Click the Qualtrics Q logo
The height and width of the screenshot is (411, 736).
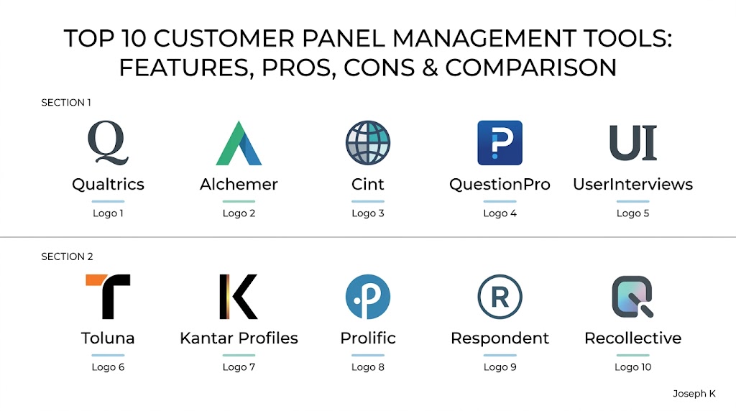point(108,143)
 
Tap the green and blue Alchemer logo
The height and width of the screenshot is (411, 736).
point(239,143)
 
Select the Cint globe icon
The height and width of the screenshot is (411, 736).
point(368,143)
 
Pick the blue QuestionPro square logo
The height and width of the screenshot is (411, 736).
point(500,143)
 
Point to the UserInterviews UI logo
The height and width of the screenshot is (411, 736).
point(632,143)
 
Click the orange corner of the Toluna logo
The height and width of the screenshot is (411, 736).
point(97,280)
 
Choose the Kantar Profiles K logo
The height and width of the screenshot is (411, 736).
point(239,297)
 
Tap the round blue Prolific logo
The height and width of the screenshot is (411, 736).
point(368,297)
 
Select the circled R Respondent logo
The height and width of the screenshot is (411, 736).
point(500,297)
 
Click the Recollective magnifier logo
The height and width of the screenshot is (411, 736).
point(632,297)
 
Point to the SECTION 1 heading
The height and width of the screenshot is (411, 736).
point(66,103)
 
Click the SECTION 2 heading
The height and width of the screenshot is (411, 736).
point(67,257)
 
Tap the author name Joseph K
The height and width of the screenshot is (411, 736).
point(694,394)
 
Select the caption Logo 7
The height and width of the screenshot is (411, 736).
point(239,367)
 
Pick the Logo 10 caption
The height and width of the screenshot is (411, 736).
point(632,367)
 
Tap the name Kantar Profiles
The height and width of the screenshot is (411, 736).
point(239,338)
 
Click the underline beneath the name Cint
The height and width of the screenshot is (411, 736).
point(368,201)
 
